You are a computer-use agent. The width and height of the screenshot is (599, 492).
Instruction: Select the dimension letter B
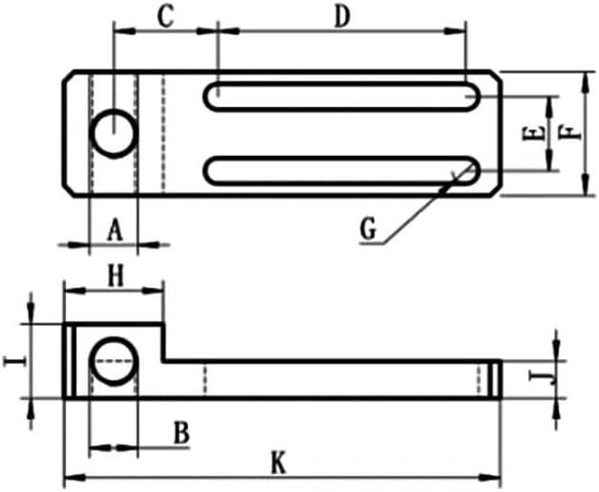click(x=181, y=432)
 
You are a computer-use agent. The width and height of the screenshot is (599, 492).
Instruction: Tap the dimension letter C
click(x=166, y=16)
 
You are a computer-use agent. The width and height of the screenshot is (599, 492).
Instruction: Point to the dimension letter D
click(x=341, y=16)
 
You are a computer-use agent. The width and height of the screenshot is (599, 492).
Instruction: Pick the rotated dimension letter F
click(x=571, y=131)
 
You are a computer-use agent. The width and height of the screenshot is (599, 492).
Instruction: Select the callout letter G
click(x=370, y=228)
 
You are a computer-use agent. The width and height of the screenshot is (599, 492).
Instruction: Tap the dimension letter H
click(x=116, y=276)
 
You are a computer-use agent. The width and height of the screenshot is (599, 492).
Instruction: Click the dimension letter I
click(x=12, y=361)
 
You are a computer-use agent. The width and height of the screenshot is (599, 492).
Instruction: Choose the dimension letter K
click(x=278, y=463)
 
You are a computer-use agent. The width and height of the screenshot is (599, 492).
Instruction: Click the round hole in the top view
click(x=114, y=133)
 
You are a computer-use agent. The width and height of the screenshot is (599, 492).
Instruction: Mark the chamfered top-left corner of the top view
click(x=70, y=78)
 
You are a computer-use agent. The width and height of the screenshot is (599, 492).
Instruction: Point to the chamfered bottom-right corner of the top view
click(x=493, y=188)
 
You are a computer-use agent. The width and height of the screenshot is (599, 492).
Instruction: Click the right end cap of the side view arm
click(x=495, y=379)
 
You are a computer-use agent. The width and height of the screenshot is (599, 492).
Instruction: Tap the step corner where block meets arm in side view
click(x=163, y=360)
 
